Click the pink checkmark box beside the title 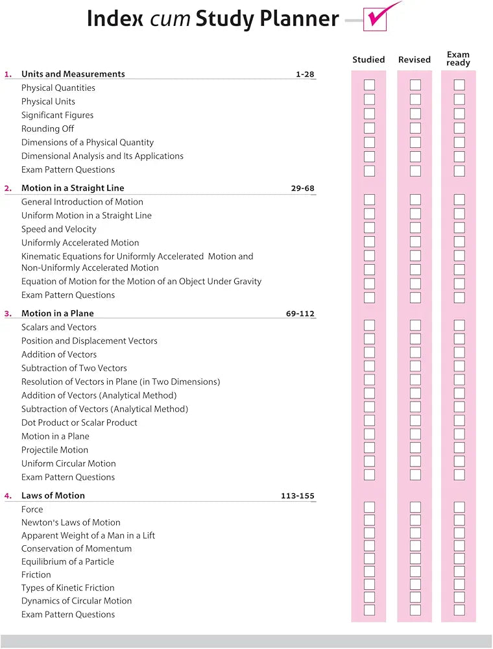pyautogui.click(x=376, y=19)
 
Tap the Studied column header pyautogui.click(x=368, y=60)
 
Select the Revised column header pyautogui.click(x=415, y=60)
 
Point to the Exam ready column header pyautogui.click(x=459, y=59)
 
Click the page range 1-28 pyautogui.click(x=305, y=74)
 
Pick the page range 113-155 pyautogui.click(x=298, y=496)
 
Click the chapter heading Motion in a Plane pyautogui.click(x=58, y=313)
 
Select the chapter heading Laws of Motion pyautogui.click(x=53, y=496)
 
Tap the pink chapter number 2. pyautogui.click(x=8, y=188)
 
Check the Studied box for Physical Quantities pyautogui.click(x=369, y=85)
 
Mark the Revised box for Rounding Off pyautogui.click(x=415, y=128)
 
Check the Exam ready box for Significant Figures pyautogui.click(x=459, y=114)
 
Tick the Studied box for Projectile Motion pyautogui.click(x=369, y=447)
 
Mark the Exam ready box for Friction pyautogui.click(x=459, y=571)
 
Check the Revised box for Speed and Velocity pyautogui.click(x=415, y=228)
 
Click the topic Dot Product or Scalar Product pyautogui.click(x=79, y=422)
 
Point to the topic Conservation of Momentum pyautogui.click(x=77, y=548)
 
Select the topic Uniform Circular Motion pyautogui.click(x=69, y=463)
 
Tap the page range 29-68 pyautogui.click(x=302, y=188)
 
